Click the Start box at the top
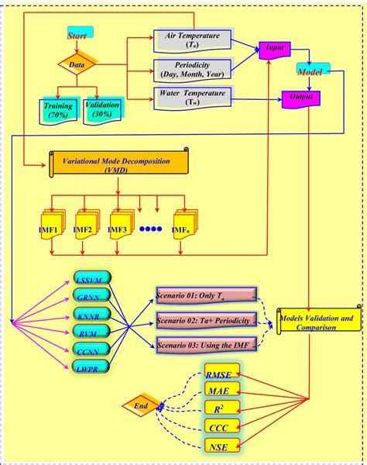[80, 35]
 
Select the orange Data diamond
[77, 65]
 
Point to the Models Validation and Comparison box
[319, 323]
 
